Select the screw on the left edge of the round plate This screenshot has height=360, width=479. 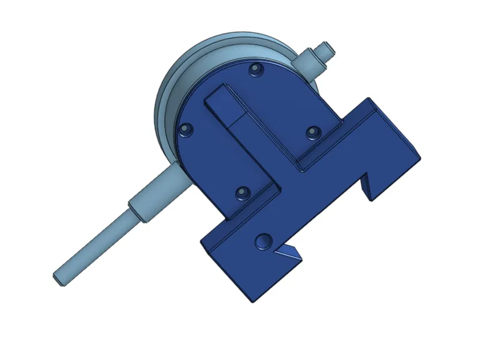click(184, 129)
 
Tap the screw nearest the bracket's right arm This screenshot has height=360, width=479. click(312, 132)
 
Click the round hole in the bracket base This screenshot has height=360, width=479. click(264, 240)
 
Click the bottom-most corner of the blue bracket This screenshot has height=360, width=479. click(252, 300)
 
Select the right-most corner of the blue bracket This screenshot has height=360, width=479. click(420, 157)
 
